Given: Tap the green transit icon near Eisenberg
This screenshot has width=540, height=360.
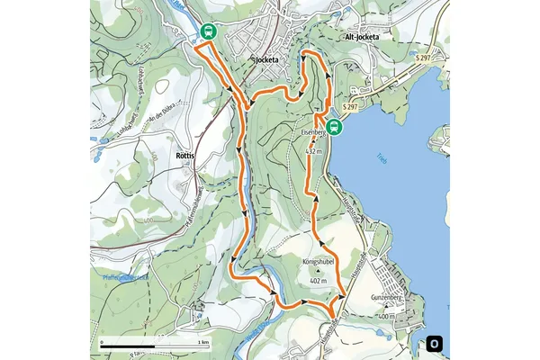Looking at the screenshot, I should [x=334, y=127].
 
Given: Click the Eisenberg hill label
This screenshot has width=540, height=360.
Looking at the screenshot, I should [x=312, y=132].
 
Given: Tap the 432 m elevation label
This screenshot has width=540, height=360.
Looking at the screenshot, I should [x=315, y=151].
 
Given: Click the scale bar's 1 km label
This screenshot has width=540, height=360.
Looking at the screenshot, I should [x=204, y=343].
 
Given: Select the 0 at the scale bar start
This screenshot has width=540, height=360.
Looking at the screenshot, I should [x=102, y=343].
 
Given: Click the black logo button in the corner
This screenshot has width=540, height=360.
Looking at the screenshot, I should [x=435, y=343].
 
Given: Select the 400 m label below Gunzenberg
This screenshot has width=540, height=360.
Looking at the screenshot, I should [x=386, y=317].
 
